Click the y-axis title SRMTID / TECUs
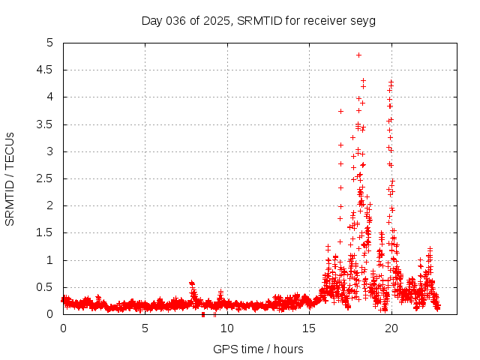click(x=10, y=178)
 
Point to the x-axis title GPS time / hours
click(x=258, y=349)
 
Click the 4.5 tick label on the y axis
click(x=49, y=70)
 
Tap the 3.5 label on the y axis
click(x=49, y=124)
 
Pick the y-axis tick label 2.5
click(x=49, y=178)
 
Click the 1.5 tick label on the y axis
click(x=49, y=233)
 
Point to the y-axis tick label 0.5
click(x=49, y=287)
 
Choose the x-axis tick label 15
click(x=309, y=328)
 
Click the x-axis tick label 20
click(x=391, y=328)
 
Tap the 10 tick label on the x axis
click(x=227, y=328)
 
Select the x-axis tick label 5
click(x=145, y=328)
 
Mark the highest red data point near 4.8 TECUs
click(x=358, y=55)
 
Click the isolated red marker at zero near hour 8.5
click(x=203, y=314)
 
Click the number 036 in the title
click(x=175, y=20)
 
